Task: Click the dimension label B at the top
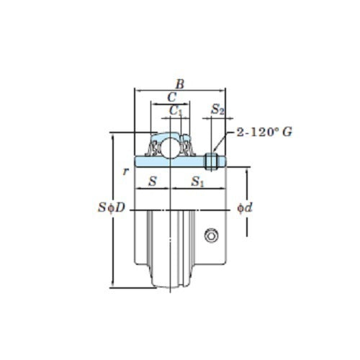pos(180,84)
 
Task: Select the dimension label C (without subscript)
pos(172,96)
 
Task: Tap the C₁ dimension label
pos(175,110)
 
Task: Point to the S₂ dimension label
pos(217,109)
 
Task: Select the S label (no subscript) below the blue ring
pos(152,183)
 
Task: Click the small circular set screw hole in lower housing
pos(211,235)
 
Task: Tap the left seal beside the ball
pos(155,148)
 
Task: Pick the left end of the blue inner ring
pos(137,161)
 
